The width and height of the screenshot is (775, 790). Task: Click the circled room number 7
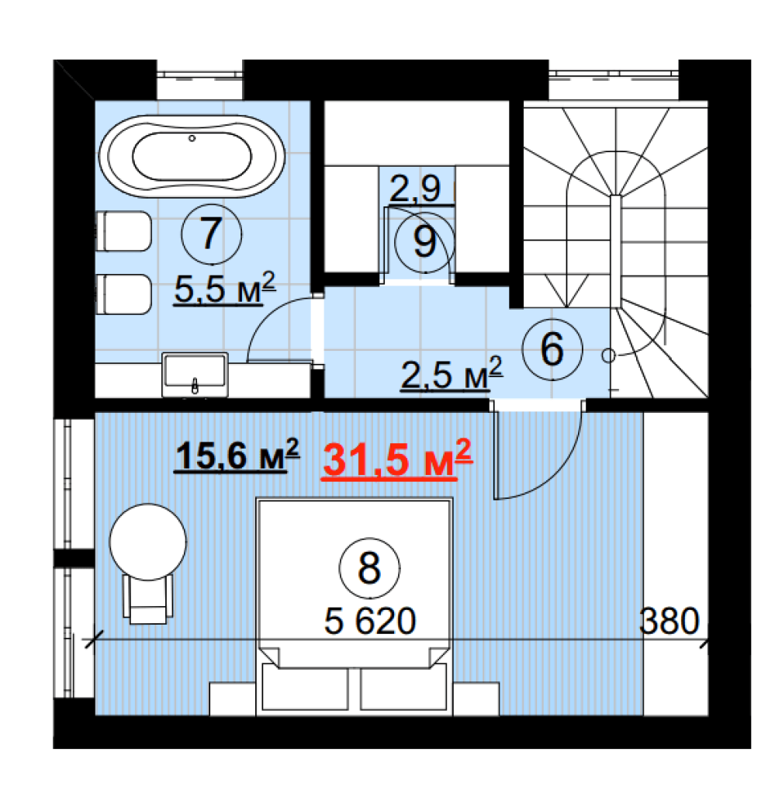[x=212, y=234]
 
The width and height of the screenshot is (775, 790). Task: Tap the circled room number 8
[x=369, y=568]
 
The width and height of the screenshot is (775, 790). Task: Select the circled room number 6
[x=552, y=349]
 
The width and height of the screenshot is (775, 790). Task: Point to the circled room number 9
[x=424, y=242]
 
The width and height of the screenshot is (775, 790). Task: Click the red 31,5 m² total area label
[x=397, y=459]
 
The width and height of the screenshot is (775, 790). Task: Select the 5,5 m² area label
[x=225, y=289]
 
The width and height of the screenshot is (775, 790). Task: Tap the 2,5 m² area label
[x=452, y=374]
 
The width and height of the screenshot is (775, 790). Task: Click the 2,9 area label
[x=416, y=189]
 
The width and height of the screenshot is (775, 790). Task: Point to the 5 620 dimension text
[x=370, y=621]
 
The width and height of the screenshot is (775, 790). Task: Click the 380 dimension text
[x=669, y=621]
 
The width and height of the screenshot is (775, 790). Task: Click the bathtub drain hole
[x=192, y=138]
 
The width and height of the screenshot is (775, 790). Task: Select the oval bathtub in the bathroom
[x=192, y=156]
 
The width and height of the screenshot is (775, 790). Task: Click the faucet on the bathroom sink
[x=195, y=386]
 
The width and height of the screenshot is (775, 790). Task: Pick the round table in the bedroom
[x=148, y=542]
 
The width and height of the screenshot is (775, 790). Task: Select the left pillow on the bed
[x=305, y=687]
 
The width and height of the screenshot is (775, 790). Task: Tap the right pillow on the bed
[x=403, y=687]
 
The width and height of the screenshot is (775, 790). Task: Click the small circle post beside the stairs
[x=608, y=355]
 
